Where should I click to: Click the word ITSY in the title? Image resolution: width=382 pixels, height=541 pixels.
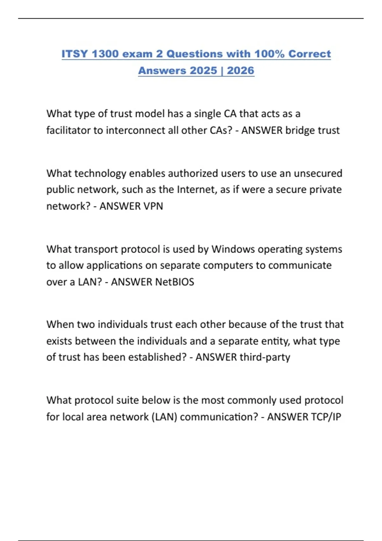click(74, 54)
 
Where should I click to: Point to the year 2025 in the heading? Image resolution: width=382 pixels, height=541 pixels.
click(203, 70)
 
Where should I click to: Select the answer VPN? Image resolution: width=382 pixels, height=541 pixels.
click(153, 206)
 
